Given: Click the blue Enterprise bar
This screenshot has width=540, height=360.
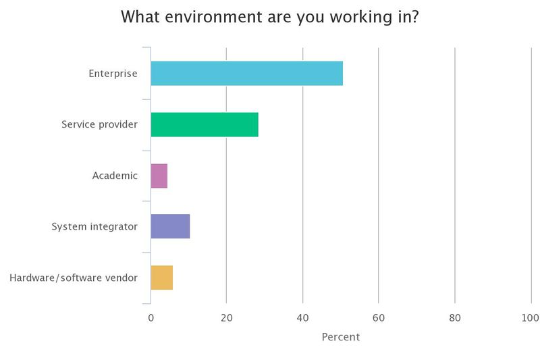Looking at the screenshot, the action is (247, 74).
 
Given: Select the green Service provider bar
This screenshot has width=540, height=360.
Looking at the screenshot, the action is (205, 124).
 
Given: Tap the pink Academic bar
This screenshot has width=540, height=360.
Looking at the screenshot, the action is (159, 176).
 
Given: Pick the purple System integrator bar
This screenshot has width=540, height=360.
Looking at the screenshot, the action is (170, 226).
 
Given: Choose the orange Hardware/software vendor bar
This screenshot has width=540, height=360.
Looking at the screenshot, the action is (162, 278).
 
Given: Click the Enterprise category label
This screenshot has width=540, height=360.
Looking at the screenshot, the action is (113, 74).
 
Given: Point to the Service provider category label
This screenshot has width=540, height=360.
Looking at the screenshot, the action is (99, 124).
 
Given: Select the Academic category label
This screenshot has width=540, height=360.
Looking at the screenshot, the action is (115, 176).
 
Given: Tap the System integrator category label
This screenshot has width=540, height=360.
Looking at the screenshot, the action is (94, 227).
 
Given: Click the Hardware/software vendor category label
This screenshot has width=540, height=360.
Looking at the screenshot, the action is (74, 278).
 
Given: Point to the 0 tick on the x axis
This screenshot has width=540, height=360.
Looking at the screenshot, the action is (151, 318).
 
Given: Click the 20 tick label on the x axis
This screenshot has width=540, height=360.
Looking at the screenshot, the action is (227, 318).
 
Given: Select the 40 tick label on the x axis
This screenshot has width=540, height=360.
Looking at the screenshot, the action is (302, 318).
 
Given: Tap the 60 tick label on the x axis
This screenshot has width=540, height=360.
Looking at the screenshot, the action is (379, 318).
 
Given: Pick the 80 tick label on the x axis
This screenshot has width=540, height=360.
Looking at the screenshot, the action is (455, 318).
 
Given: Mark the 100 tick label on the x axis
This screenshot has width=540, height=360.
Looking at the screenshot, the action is (531, 318).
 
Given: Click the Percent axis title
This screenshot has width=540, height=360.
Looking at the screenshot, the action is (341, 337).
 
